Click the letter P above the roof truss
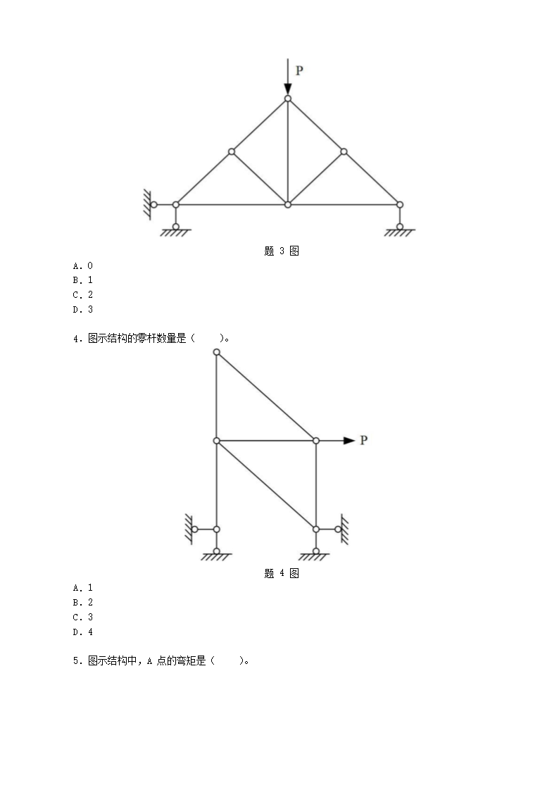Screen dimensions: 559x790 (299, 70)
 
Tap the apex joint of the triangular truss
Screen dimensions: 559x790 (287, 99)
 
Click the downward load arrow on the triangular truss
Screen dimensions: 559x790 (287, 77)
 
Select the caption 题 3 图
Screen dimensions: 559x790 (282, 251)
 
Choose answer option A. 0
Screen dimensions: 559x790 (83, 265)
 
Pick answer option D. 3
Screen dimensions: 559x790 (83, 309)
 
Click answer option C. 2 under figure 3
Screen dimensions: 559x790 (83, 295)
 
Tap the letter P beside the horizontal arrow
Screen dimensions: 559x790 (363, 440)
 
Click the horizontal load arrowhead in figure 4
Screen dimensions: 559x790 (349, 440)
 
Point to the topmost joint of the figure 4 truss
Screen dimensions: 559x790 (217, 352)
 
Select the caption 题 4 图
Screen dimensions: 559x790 (282, 573)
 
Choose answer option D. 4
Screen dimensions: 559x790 (83, 632)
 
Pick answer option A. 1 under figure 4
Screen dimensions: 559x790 (83, 587)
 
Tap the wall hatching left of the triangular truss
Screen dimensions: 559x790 (147, 205)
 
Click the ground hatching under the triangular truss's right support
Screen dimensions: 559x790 (399, 233)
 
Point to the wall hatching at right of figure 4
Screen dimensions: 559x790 (345, 529)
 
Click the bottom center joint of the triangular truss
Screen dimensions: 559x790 (287, 205)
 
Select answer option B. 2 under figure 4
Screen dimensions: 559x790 (83, 603)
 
